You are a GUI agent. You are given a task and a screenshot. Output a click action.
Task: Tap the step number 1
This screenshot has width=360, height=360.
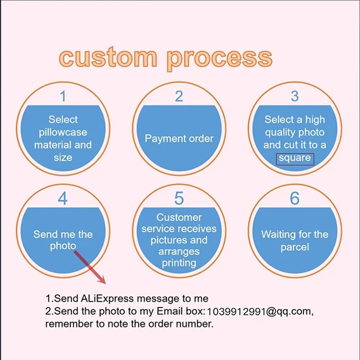[63, 96]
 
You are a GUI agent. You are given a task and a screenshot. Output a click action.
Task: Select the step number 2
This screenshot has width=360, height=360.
[179, 96]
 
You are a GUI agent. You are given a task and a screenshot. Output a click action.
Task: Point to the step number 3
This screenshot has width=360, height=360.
[295, 96]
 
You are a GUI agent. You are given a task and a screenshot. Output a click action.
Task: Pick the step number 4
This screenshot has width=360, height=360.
[63, 198]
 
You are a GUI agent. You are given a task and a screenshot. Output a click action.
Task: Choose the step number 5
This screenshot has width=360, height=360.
[179, 198]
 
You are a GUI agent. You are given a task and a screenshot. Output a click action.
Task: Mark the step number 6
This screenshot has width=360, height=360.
[295, 198]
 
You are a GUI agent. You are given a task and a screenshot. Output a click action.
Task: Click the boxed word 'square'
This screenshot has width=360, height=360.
[295, 158]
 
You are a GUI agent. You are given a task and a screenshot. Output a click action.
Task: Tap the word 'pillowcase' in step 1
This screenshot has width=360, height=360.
[63, 132]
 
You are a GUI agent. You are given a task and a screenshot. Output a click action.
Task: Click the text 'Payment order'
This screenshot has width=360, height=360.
[179, 139]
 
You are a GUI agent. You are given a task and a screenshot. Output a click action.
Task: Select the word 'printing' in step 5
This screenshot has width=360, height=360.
[179, 262]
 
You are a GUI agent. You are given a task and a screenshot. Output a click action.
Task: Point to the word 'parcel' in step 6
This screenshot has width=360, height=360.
[295, 247]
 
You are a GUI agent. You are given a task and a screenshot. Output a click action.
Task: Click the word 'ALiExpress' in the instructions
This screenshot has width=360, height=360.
[108, 298]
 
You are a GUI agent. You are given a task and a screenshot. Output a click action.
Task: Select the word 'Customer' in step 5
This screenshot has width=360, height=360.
[179, 217]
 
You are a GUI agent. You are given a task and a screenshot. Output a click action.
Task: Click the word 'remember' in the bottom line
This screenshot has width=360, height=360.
[67, 324]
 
